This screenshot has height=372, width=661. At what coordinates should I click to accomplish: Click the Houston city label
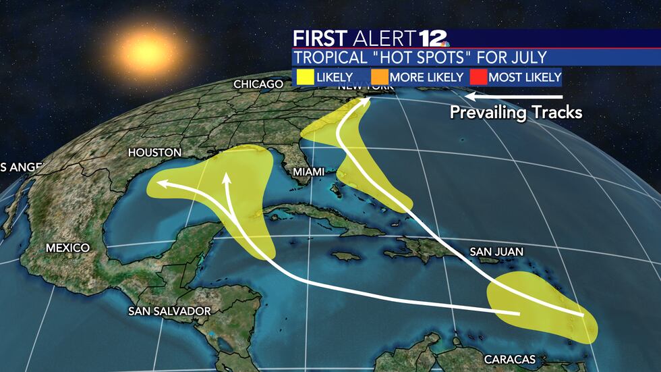tap(155, 153)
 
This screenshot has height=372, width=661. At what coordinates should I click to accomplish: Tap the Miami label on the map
tap(308, 171)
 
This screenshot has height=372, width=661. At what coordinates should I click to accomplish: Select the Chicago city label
tap(258, 84)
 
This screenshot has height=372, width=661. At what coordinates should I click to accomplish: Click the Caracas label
tap(510, 358)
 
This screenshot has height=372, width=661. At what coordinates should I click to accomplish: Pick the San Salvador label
tap(170, 311)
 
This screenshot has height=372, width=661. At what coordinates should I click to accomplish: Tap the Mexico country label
tap(67, 248)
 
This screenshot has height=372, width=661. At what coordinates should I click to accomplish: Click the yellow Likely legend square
tap(304, 77)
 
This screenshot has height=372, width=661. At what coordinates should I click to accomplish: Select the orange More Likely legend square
tap(379, 77)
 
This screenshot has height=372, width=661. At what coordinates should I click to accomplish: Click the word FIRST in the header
tap(320, 38)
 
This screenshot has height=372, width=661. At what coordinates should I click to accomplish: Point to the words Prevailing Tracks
tap(515, 112)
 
